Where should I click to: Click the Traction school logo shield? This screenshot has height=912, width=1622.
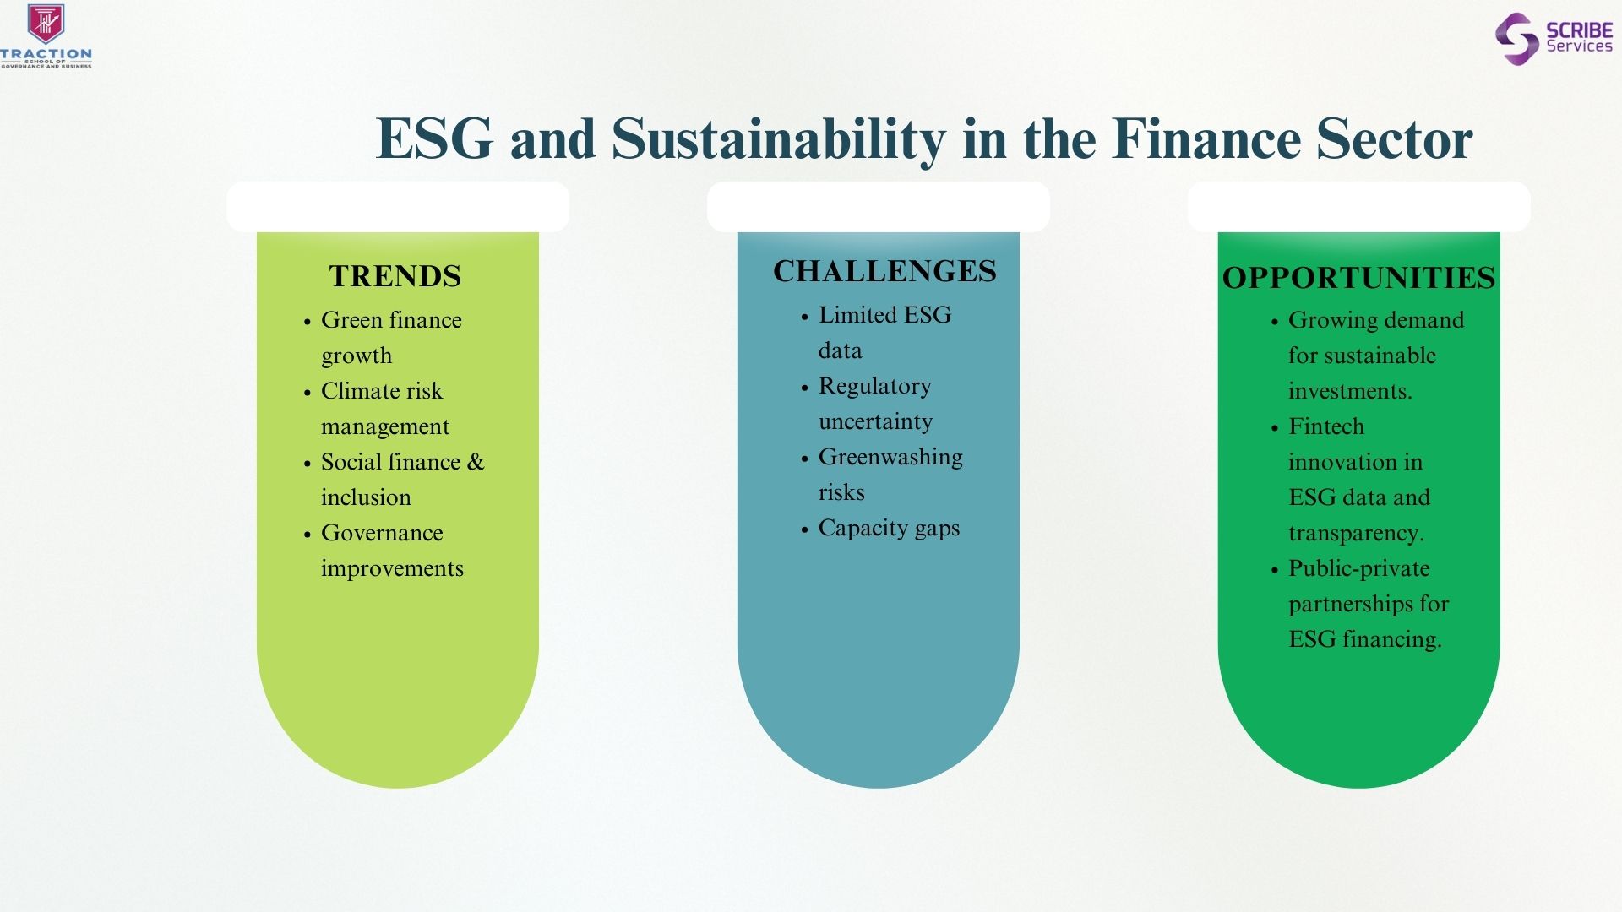point(46,24)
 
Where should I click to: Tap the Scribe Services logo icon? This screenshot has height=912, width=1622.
point(1516,39)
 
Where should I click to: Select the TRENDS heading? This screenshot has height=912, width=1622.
point(395,276)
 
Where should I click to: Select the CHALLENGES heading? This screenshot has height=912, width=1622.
point(884,271)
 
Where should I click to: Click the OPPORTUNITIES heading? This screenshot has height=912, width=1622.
point(1358,278)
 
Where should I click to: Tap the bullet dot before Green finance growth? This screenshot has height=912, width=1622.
point(308,322)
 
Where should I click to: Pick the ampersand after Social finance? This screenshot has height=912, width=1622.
point(476,462)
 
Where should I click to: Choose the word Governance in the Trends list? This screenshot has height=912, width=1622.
point(382,533)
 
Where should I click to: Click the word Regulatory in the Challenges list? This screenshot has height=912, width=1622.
point(874,387)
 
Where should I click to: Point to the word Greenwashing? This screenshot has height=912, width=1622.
point(890,458)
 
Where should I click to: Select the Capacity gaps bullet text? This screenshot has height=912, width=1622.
point(889,529)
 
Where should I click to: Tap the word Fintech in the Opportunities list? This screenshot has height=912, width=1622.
point(1326,426)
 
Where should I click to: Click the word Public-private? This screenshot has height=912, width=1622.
point(1359,569)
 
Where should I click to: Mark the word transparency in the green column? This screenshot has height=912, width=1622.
point(1356,534)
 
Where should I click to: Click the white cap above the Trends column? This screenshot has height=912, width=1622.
point(398,207)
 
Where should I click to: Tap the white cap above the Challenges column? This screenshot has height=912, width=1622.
point(879,207)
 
